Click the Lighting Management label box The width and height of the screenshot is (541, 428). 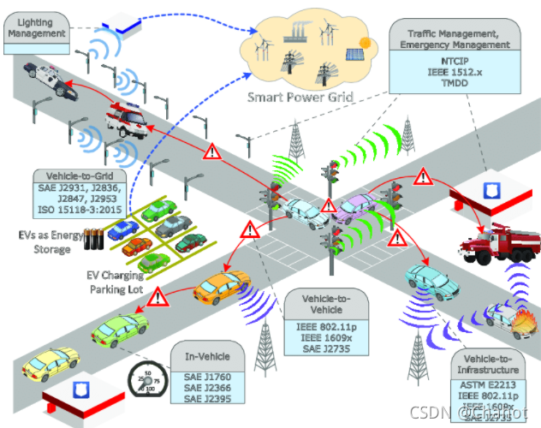[37, 27]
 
